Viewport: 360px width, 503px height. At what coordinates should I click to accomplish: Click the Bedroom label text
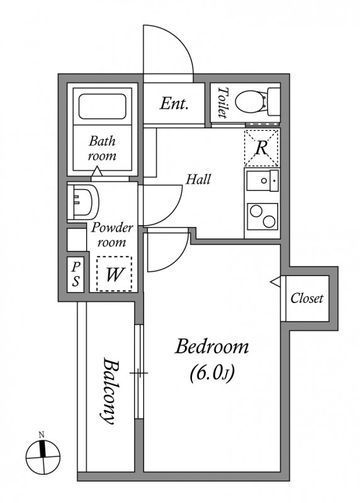[x=212, y=346]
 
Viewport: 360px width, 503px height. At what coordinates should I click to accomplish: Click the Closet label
[x=307, y=298]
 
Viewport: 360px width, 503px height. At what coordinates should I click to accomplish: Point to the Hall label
[x=198, y=179]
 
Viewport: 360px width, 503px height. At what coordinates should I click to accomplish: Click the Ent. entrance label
[x=174, y=104]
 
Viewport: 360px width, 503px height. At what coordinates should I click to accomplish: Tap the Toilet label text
[x=222, y=103]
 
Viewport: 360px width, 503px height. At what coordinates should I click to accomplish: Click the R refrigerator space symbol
[x=261, y=148]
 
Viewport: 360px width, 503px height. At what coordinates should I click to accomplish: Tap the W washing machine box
[x=114, y=274]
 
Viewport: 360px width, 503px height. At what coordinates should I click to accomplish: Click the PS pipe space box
[x=75, y=275]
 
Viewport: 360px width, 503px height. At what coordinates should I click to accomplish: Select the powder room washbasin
[x=82, y=201]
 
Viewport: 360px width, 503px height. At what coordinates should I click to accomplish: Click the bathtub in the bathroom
[x=101, y=106]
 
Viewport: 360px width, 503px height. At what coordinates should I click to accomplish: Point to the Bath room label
[x=101, y=148]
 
